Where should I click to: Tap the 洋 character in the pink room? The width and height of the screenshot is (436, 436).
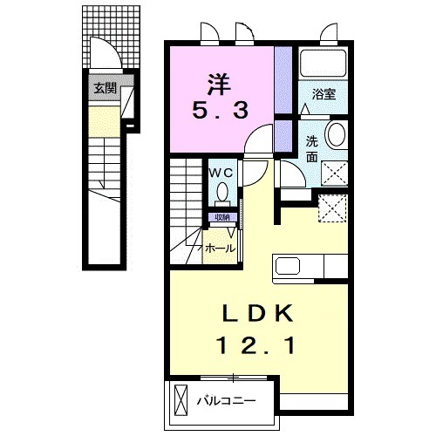tap(220, 85)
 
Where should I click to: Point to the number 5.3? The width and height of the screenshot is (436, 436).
tap(221, 111)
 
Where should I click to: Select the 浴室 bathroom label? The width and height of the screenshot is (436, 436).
tap(324, 93)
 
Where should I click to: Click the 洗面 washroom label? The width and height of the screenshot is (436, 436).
tap(311, 147)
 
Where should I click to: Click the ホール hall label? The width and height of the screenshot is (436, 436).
tap(220, 249)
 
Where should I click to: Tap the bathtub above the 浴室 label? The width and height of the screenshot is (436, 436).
tap(324, 65)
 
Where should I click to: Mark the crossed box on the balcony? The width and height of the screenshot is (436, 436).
tap(181, 400)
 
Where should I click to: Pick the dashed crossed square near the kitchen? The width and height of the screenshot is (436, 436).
tap(332, 208)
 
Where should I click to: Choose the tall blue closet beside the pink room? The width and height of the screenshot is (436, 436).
tap(283, 79)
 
